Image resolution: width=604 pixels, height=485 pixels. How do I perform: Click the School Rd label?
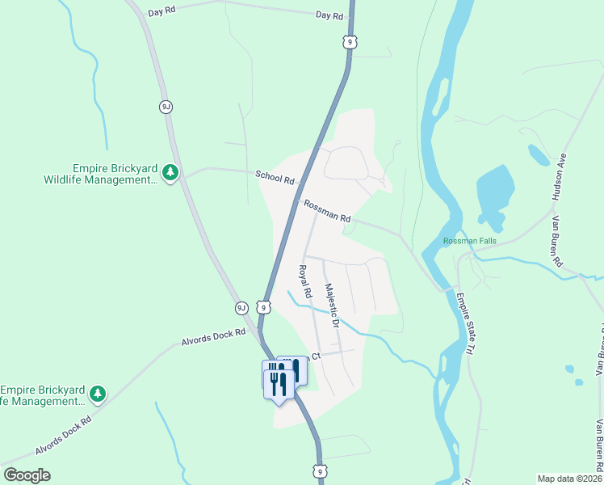click(275, 176)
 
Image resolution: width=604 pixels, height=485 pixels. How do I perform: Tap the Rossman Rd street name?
click(327, 213)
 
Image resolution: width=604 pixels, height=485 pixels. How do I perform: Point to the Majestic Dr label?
click(330, 305)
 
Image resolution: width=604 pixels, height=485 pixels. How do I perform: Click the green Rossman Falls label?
click(469, 241)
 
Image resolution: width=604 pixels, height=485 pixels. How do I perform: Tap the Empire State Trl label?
click(463, 323)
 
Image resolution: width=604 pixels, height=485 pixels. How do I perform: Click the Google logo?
click(27, 474)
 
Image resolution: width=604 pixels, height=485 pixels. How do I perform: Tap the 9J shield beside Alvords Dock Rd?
click(241, 307)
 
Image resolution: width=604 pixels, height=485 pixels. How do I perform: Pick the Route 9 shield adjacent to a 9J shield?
click(263, 306)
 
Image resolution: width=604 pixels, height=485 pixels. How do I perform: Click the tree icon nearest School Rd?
click(170, 173)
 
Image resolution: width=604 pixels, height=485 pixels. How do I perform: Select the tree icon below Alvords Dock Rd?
click(98, 394)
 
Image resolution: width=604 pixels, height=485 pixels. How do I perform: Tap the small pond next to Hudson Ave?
click(536, 153)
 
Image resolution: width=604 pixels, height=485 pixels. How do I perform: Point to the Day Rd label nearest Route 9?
click(329, 15)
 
